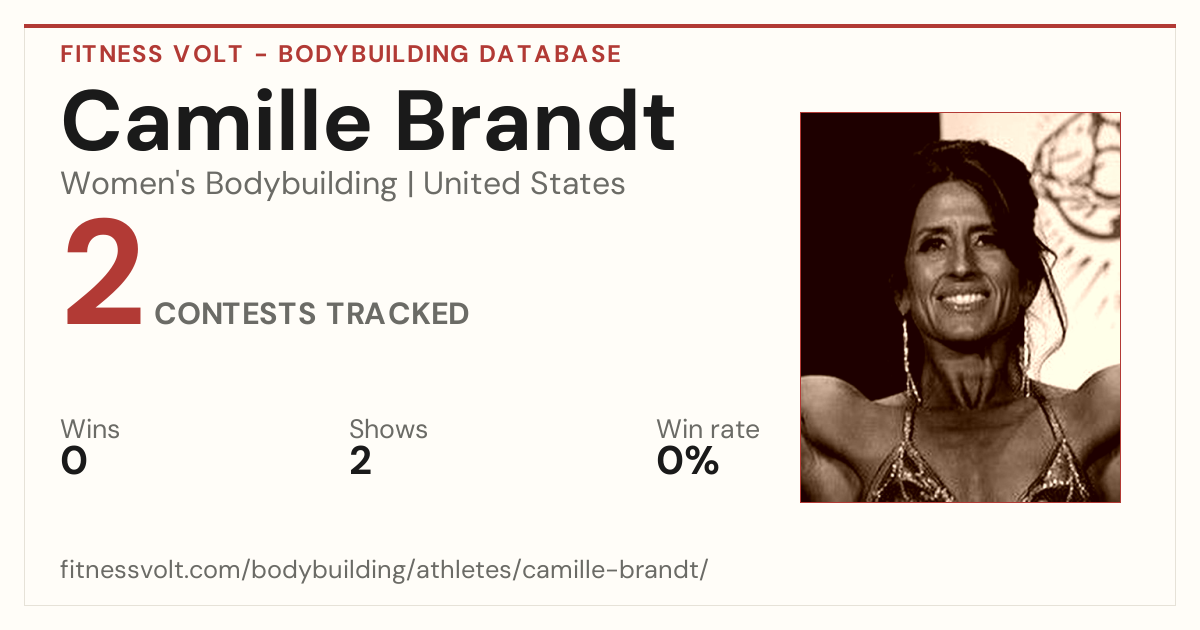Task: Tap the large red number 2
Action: (x=103, y=271)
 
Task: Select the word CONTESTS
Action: (x=235, y=313)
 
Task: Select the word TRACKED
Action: (x=398, y=313)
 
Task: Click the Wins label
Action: (x=90, y=429)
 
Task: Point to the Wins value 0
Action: (x=74, y=461)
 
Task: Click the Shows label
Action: (x=388, y=429)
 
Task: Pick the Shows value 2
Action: (x=361, y=461)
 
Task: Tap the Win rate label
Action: (x=708, y=429)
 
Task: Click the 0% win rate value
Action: (x=688, y=461)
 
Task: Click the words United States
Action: (x=524, y=184)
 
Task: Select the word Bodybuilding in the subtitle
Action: (x=301, y=185)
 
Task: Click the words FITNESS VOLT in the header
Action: (x=152, y=54)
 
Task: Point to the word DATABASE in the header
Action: (x=550, y=54)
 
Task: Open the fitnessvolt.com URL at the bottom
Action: (x=384, y=569)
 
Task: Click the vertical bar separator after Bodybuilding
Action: (x=410, y=185)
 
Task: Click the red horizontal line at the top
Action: (x=600, y=26)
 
